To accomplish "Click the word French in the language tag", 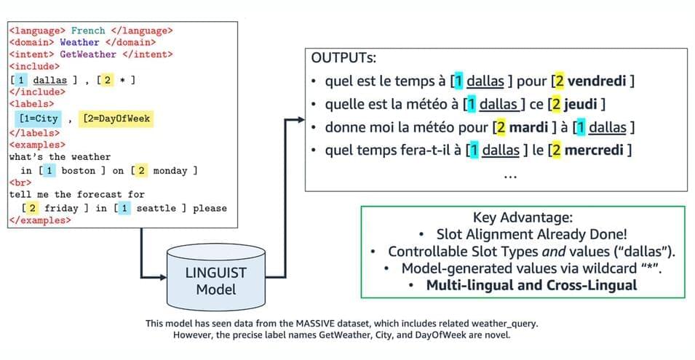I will pyautogui.click(x=88, y=31).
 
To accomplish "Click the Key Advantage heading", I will pyautogui.click(x=523, y=218).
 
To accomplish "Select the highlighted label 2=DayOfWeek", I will pyautogui.click(x=117, y=119).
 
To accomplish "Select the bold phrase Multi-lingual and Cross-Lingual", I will pyautogui.click(x=531, y=284).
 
